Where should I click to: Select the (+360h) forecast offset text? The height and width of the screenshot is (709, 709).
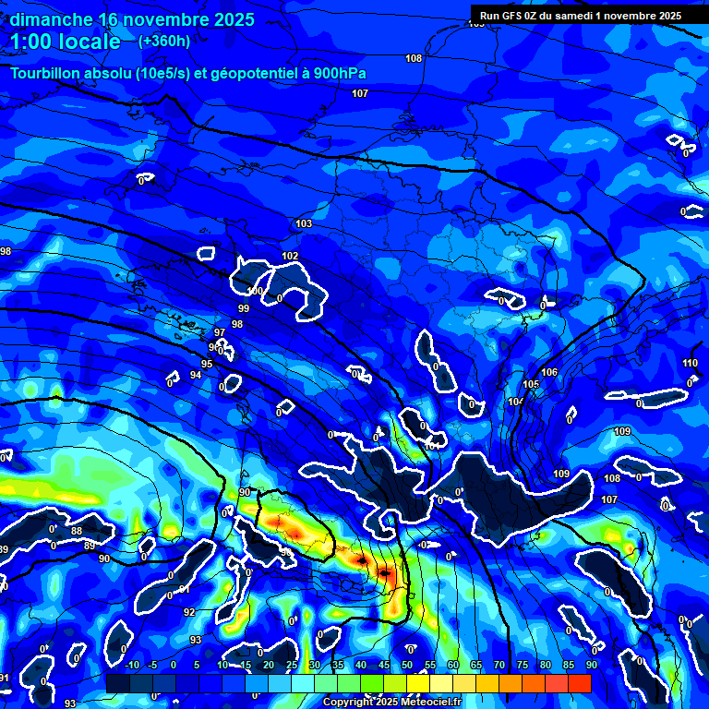164,41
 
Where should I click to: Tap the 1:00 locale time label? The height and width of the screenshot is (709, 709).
65,42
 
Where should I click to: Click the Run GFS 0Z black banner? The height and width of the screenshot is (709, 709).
581,15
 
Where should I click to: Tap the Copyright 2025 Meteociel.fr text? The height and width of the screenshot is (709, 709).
392,703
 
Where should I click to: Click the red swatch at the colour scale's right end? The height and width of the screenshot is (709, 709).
580,682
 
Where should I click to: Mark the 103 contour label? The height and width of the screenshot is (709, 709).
304,224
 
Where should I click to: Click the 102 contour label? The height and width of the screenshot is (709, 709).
290,256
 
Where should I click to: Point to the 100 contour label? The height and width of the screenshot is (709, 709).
255,292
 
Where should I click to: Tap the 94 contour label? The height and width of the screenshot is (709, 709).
196,375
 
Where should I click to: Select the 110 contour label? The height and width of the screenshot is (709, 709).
690,363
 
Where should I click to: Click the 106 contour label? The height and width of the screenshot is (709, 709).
549,372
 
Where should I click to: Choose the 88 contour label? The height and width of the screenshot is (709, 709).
77,531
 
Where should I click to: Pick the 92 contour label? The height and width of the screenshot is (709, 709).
189,612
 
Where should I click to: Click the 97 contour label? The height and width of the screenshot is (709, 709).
220,332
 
